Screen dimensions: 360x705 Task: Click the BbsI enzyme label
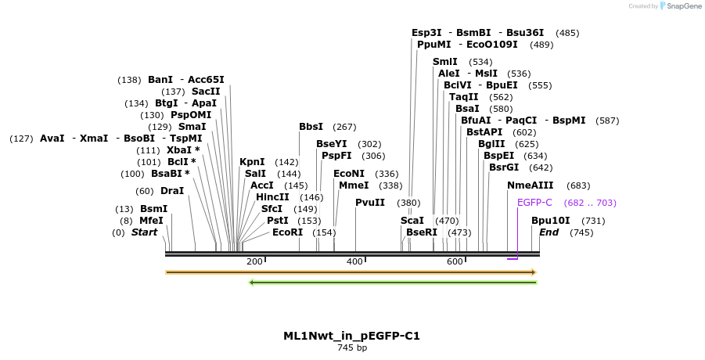311,127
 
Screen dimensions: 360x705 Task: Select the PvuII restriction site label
370,202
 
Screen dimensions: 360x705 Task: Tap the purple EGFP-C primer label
534,202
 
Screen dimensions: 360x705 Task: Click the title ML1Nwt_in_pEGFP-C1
351,336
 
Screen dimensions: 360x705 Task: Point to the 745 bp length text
351,347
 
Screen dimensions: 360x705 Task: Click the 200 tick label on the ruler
254,261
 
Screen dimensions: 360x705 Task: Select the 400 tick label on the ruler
354,261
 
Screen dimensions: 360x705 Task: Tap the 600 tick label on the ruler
455,261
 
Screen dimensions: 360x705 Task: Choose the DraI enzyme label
172,191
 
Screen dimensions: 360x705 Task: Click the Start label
144,232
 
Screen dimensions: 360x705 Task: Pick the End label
549,232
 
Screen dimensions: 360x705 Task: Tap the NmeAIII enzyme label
530,185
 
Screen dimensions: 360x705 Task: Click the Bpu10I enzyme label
551,221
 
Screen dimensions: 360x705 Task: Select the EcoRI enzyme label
287,232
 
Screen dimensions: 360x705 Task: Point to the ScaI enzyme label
412,221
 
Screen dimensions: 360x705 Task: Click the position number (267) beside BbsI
344,127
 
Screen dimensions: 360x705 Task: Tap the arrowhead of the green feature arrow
251,283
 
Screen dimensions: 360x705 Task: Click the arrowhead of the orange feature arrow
534,272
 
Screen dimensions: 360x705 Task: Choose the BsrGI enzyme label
504,167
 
